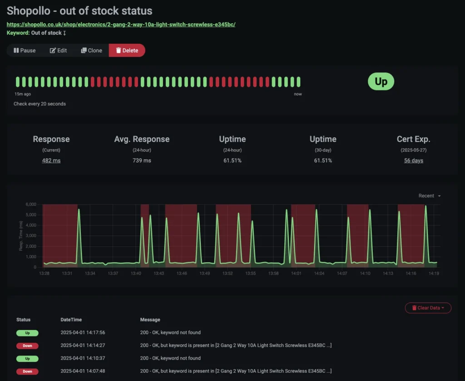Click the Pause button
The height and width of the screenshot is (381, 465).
25,50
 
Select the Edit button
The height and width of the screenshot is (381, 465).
58,50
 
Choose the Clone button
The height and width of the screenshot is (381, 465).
91,50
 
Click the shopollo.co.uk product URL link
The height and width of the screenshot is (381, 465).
121,25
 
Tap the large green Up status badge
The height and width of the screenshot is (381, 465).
381,82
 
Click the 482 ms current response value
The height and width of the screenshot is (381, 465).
51,160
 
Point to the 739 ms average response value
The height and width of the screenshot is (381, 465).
142,160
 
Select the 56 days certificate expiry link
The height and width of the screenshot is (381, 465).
413,160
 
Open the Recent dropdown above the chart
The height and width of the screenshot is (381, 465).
429,196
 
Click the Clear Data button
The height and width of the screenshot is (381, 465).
428,308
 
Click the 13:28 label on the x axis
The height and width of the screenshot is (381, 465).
44,274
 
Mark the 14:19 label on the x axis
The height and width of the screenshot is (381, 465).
434,274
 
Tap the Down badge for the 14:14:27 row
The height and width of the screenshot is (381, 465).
27,346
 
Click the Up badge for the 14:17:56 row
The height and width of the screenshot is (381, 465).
27,333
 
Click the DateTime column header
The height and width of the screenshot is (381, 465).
71,320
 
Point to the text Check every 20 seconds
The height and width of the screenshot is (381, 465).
40,104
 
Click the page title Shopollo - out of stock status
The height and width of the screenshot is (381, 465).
79,10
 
